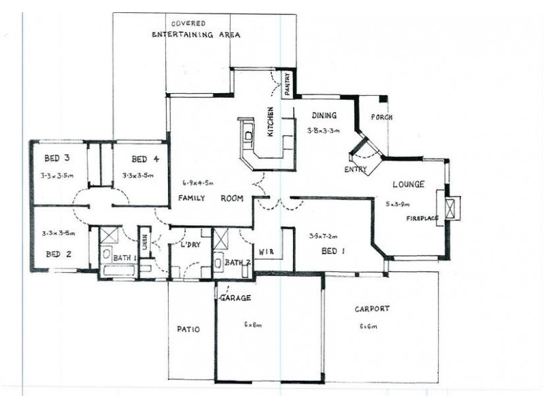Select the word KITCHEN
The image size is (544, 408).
[x=271, y=122]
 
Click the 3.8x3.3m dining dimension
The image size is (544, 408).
[x=323, y=130]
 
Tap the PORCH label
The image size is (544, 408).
[x=381, y=117]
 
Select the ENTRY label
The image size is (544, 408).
[x=356, y=169]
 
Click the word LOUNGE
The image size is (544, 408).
[x=408, y=184]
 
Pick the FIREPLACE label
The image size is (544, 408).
[x=422, y=218]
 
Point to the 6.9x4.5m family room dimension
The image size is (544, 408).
[x=198, y=183]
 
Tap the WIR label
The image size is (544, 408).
[x=267, y=252]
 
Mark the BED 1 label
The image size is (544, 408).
[x=333, y=252]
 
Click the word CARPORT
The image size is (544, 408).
[x=372, y=309]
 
